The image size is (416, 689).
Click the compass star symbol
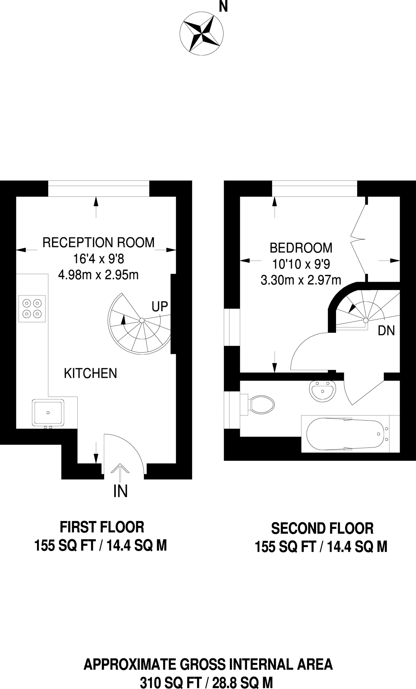[202, 34]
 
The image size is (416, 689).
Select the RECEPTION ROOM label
[98, 242]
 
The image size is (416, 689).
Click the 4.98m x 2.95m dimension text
[98, 275]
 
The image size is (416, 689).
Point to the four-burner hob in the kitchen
[32, 309]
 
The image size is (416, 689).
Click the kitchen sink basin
[48, 412]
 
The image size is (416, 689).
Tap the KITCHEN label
[90, 373]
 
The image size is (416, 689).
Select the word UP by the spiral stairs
[160, 306]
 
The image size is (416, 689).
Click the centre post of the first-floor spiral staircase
[142, 320]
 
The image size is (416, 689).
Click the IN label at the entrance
[120, 492]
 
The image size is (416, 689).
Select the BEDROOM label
[301, 248]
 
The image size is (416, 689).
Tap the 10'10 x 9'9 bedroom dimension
[301, 264]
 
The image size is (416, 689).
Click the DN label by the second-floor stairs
[386, 331]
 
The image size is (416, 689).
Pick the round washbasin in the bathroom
[322, 391]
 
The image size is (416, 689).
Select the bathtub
[350, 434]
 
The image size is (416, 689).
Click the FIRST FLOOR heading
[102, 527]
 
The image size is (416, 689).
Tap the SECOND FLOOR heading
[322, 529]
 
